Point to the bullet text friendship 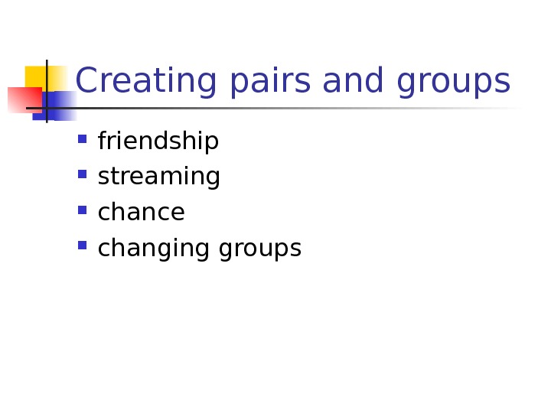point(158,141)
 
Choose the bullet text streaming point(159,177)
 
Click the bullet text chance point(142,213)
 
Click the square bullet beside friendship point(83,139)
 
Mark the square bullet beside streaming point(83,174)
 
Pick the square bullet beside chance point(83,210)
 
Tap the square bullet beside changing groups point(83,246)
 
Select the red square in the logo point(23,99)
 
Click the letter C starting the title point(88,81)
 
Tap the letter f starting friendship point(103,141)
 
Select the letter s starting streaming point(103,178)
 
